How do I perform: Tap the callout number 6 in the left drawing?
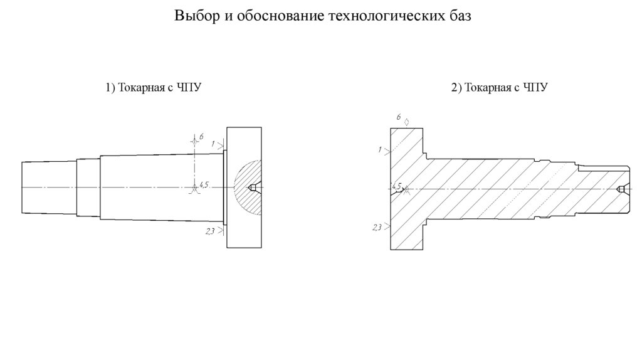[x=201, y=136]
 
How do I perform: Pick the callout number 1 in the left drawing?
[x=213, y=144]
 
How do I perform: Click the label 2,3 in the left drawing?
[x=210, y=232]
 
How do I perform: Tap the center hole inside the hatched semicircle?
[x=253, y=188]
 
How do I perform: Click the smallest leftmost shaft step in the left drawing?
[x=49, y=188]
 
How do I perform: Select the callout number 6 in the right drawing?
[x=399, y=117]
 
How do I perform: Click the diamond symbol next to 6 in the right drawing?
[x=407, y=121]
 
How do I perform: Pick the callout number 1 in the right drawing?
[x=381, y=149]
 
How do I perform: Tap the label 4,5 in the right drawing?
[x=395, y=186]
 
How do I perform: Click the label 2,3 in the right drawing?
[x=377, y=227]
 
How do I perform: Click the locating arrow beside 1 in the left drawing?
[x=221, y=145]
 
